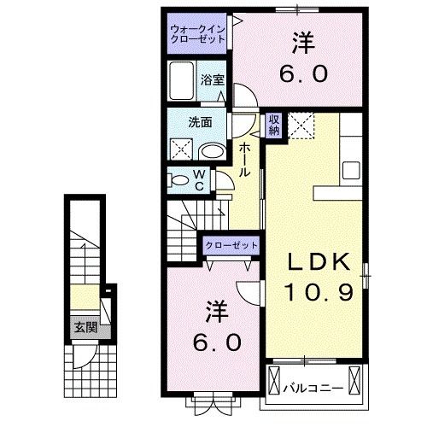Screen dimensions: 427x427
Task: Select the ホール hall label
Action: (245, 159)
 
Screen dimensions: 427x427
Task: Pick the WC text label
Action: (198, 180)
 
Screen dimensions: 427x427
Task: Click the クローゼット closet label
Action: (231, 245)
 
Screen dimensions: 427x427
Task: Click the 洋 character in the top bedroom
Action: (301, 43)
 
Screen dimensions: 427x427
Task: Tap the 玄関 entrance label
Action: (83, 327)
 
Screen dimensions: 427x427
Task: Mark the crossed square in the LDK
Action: (302, 125)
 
